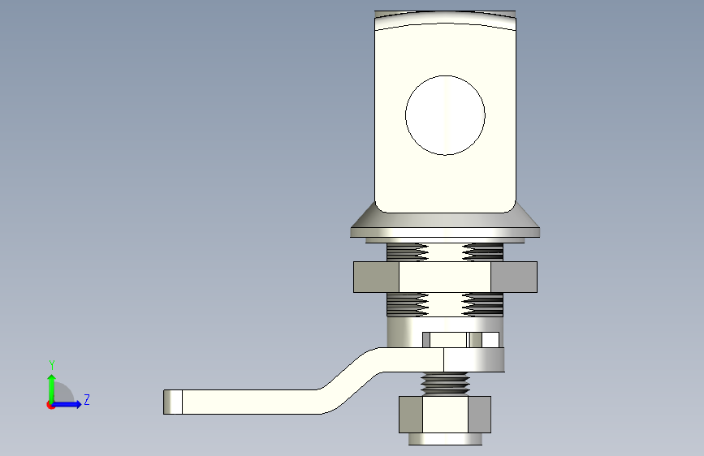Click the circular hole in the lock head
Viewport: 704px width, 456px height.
click(445, 115)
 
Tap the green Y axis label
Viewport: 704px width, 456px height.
click(51, 365)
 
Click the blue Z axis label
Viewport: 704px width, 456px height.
click(86, 400)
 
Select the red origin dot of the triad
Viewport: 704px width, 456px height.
click(51, 404)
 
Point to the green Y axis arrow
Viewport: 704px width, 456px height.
click(51, 385)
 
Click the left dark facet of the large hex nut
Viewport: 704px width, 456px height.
click(376, 277)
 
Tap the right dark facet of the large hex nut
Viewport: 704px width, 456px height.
click(513, 277)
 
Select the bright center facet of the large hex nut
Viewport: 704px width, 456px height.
click(444, 277)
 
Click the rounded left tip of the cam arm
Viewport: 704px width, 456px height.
click(171, 402)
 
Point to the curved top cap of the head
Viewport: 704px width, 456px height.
click(445, 18)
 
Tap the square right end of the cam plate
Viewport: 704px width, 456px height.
click(475, 359)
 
